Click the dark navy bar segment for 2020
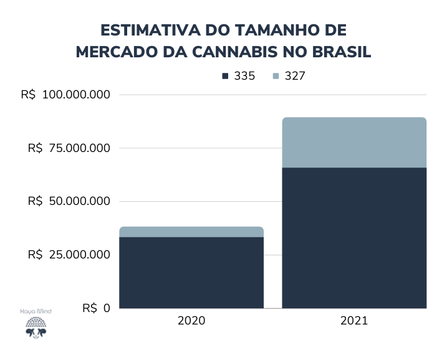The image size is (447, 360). click(191, 272)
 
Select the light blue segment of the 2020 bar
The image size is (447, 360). click(191, 232)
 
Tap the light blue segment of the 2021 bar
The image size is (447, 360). click(354, 143)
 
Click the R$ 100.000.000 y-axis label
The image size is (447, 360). click(65, 95)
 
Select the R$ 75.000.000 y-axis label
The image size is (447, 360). click(69, 148)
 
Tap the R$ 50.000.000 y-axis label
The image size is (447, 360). click(69, 201)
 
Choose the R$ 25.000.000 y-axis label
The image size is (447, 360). click(69, 255)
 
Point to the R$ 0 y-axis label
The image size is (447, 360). click(97, 308)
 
